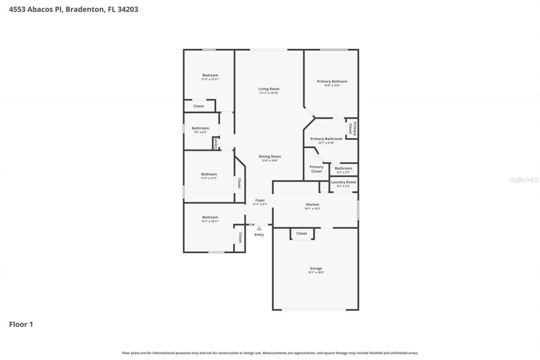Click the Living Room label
point(269,89)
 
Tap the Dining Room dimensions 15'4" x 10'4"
point(270,161)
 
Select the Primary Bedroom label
point(332,81)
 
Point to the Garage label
point(316,268)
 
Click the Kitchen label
point(313,205)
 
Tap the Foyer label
point(260,200)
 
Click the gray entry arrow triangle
point(259,229)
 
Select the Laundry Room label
point(343,182)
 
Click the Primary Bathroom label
point(326,139)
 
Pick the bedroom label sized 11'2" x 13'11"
point(210,75)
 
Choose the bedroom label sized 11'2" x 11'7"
point(209,174)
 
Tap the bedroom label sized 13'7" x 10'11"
point(210,217)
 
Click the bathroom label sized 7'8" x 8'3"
point(200,128)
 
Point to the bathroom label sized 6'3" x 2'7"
point(343,168)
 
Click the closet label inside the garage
point(302,233)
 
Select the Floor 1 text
point(21,325)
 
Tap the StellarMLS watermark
point(524,180)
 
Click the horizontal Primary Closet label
point(316,169)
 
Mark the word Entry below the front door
point(259,235)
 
